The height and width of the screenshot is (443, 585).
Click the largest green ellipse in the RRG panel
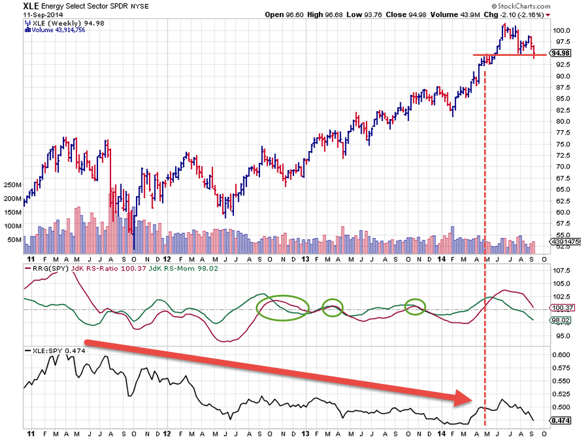283,308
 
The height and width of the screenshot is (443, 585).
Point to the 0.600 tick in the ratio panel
561,354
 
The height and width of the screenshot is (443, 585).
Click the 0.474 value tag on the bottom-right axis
561,420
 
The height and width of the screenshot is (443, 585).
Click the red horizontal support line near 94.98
505,55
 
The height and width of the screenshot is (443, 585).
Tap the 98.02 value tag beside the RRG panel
561,320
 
